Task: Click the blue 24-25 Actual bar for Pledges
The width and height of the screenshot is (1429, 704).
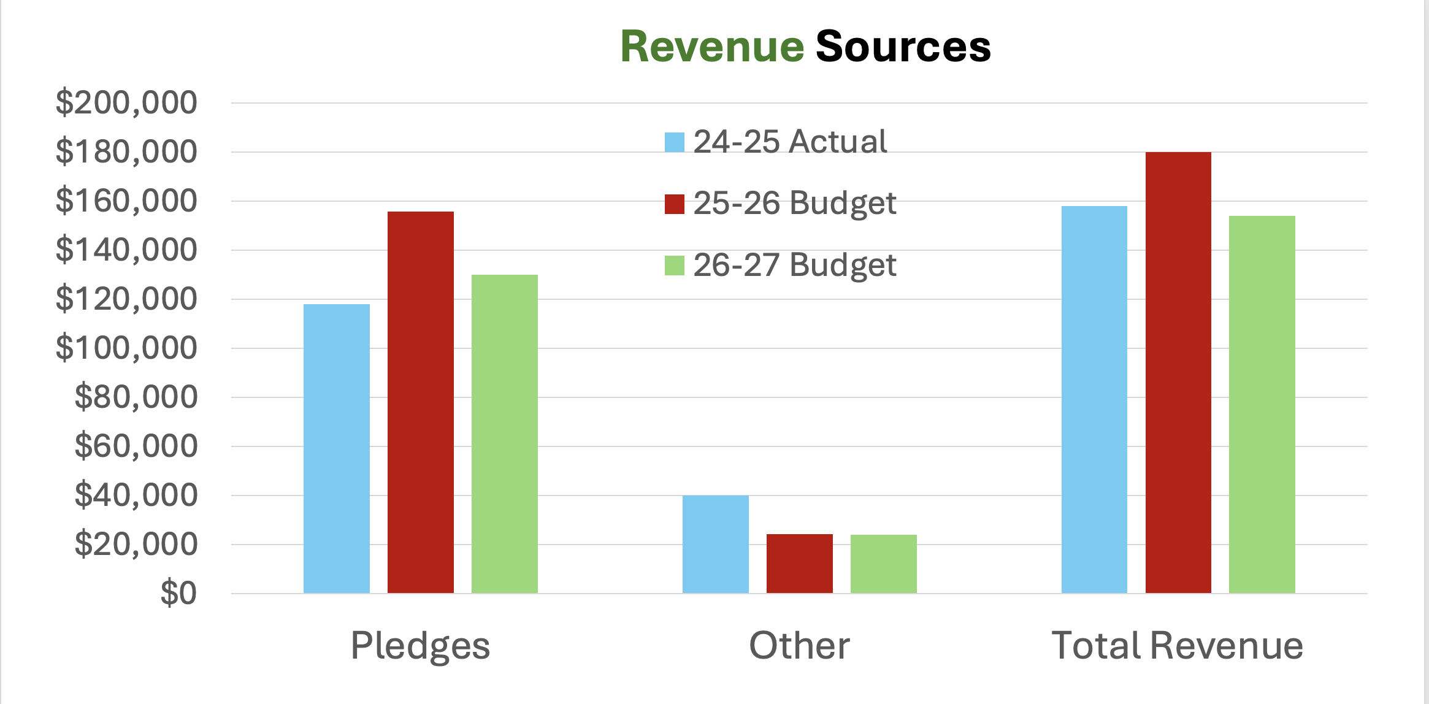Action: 337,448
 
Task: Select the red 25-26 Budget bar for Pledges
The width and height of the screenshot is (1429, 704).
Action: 421,402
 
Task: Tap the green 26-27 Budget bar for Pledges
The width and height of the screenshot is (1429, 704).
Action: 505,434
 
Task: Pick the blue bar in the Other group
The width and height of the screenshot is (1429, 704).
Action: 716,544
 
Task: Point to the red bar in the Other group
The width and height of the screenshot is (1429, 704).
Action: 800,564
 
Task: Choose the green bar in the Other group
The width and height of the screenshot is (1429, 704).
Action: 884,564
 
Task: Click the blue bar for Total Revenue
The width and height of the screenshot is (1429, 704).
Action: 1094,399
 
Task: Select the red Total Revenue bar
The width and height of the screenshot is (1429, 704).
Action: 1178,372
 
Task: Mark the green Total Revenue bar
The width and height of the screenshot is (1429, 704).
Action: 1262,404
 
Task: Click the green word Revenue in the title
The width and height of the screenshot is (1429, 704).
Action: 712,47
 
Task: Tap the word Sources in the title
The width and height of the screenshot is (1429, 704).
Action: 903,47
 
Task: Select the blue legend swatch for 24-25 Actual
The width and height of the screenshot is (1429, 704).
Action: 675,142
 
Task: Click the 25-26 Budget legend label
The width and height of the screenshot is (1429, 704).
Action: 795,203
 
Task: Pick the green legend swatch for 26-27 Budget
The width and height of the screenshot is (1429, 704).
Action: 675,266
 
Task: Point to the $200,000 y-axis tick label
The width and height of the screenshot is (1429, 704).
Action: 126,102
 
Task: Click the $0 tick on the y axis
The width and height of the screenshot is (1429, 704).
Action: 178,593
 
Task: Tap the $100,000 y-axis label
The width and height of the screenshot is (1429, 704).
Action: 126,348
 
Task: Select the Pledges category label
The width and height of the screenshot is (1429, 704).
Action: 421,646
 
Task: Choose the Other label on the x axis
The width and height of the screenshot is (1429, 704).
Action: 800,646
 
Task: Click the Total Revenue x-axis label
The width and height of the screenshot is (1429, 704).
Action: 1178,646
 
